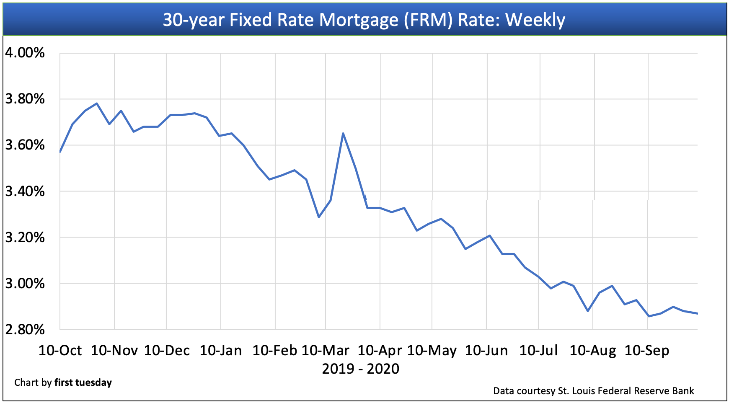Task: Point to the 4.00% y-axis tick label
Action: (x=25, y=53)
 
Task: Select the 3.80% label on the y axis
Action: (x=25, y=99)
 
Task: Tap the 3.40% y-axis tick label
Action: (x=25, y=191)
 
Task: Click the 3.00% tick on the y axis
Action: (x=25, y=284)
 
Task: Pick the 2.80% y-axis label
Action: (x=25, y=330)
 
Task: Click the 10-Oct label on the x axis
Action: (x=60, y=350)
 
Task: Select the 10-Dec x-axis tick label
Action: (x=167, y=350)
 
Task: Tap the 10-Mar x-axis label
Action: (x=325, y=350)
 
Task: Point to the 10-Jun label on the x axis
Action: (x=486, y=350)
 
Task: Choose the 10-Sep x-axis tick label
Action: (x=646, y=350)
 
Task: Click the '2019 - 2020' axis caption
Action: (x=360, y=369)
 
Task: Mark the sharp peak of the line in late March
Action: (x=343, y=134)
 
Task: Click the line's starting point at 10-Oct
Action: (x=60, y=152)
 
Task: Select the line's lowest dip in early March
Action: (x=319, y=217)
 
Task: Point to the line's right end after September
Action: (x=697, y=313)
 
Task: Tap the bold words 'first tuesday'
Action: (x=83, y=382)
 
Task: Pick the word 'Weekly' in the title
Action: (x=535, y=20)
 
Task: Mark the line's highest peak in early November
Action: (x=97, y=103)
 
